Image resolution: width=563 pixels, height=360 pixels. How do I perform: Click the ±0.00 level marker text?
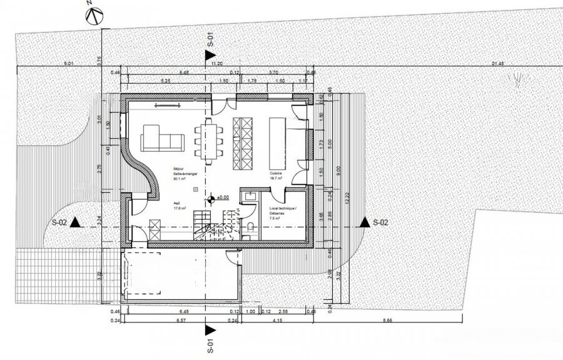click(x=222, y=198)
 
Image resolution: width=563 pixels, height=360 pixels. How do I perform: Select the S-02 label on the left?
click(x=60, y=222)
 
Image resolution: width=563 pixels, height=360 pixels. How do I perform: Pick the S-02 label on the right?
click(x=380, y=222)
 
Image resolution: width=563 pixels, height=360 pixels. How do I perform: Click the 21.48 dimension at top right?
click(x=499, y=63)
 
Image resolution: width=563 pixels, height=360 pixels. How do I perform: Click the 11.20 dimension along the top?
click(x=217, y=63)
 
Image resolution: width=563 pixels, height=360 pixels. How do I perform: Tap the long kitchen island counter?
click(x=277, y=143)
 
